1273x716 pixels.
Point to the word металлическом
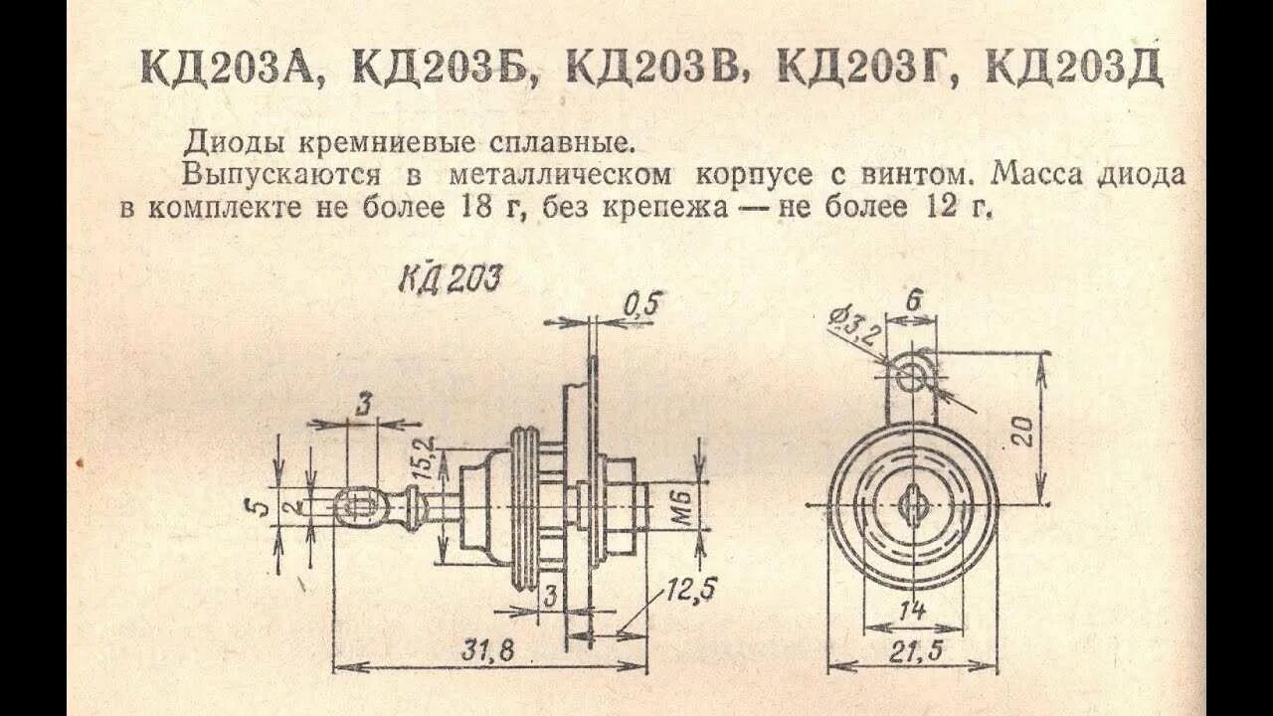pyautogui.click(x=560, y=175)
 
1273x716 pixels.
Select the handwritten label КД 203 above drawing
pyautogui.click(x=450, y=278)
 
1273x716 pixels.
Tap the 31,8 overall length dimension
pyautogui.click(x=487, y=651)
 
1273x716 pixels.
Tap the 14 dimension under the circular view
pyautogui.click(x=912, y=609)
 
